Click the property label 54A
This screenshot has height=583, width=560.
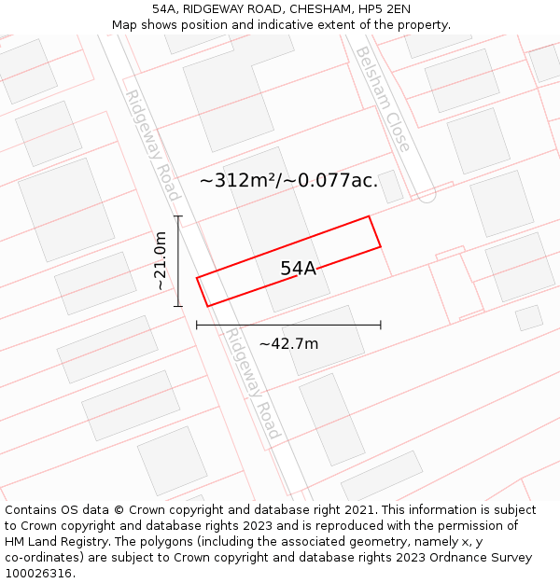point(299,269)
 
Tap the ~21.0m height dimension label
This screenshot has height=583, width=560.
point(161,261)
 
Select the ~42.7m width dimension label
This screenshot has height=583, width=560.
point(288,344)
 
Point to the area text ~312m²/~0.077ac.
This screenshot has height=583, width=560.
point(289,181)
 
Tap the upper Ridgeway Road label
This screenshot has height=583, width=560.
point(150,145)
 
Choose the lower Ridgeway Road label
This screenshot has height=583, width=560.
point(252,383)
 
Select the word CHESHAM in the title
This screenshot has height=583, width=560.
point(315,9)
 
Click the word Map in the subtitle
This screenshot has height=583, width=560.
point(125,25)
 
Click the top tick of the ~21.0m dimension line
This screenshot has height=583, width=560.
point(178,216)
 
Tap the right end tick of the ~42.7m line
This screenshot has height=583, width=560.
point(381,325)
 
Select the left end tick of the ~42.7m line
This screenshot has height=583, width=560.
point(197,325)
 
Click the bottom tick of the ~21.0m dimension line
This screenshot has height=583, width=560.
point(178,306)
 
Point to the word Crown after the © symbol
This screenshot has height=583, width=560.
point(149,510)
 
